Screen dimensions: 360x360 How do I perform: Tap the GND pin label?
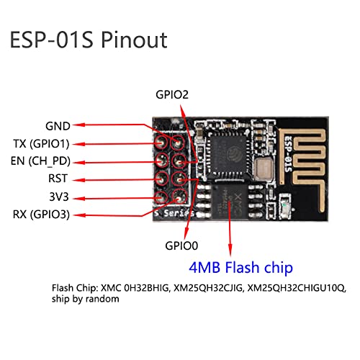58,125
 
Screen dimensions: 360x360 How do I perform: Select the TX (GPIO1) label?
45,143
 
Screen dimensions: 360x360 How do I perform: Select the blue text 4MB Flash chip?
240,268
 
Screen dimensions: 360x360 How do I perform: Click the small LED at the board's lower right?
289,207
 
